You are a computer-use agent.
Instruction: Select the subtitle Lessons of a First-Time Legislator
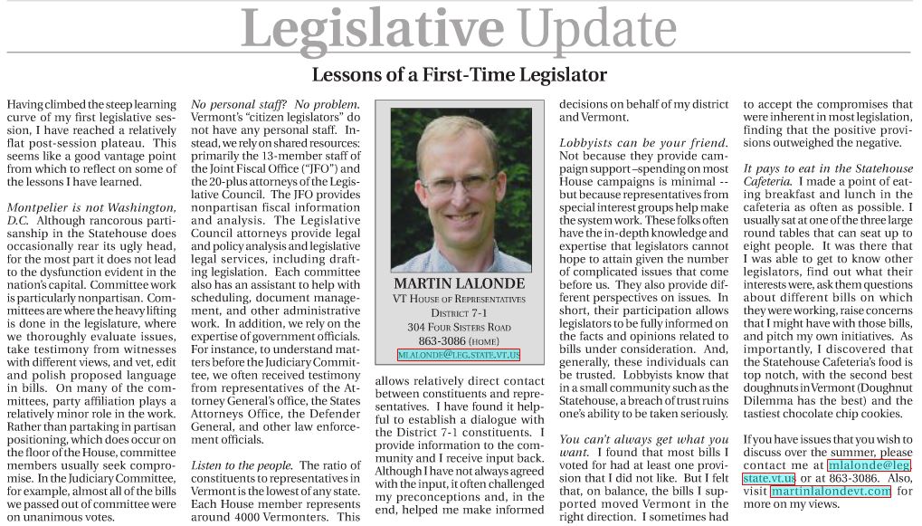pos(459,74)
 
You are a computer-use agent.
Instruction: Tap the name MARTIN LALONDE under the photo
pos(460,283)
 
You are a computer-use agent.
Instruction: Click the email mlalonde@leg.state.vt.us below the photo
pos(459,355)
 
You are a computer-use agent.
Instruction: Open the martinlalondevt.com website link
pos(831,491)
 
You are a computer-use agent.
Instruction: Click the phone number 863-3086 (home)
pos(459,341)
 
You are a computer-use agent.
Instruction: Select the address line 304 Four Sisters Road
pos(459,327)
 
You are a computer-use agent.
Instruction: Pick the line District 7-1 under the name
pos(459,312)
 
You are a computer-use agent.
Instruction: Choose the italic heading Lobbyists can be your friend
pos(643,143)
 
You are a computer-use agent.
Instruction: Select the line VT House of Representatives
pos(459,299)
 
